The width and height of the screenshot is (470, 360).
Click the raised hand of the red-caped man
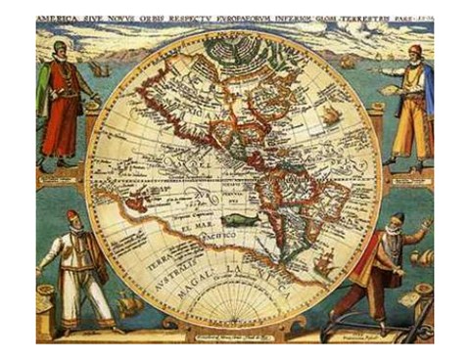[423, 227]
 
